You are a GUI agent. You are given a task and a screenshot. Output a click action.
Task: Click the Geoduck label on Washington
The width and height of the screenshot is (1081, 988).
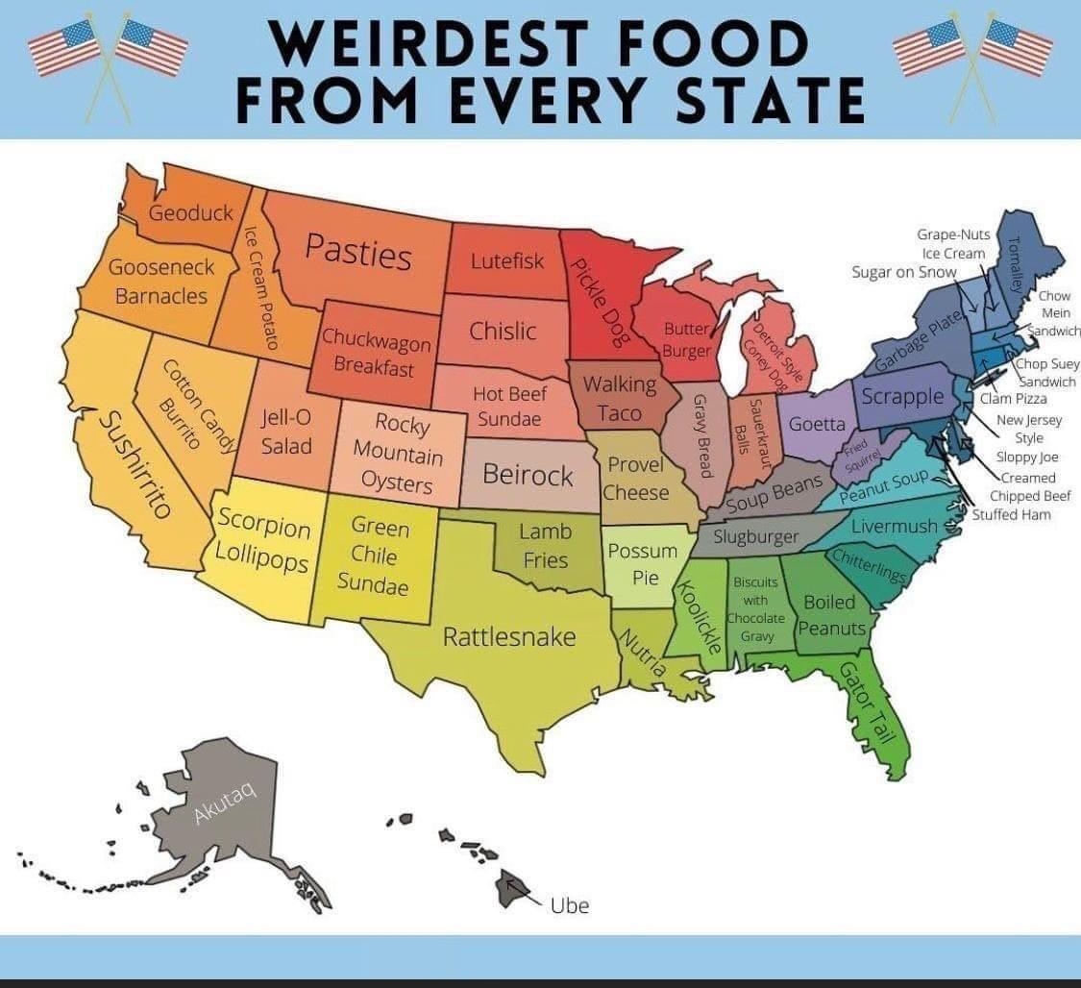click(x=191, y=212)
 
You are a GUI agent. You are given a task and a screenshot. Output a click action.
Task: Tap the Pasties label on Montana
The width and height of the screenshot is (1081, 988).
click(x=358, y=251)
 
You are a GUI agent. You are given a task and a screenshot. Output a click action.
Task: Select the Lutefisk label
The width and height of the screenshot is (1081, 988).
click(x=507, y=260)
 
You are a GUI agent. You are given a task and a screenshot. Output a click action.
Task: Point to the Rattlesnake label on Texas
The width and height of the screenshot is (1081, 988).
click(x=509, y=636)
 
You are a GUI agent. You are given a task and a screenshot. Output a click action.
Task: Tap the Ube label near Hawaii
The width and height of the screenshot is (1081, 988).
click(x=569, y=904)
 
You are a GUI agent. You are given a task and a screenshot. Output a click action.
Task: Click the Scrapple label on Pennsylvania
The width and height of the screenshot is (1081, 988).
click(x=902, y=395)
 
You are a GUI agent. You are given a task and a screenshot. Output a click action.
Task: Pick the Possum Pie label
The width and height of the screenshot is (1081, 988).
click(x=642, y=564)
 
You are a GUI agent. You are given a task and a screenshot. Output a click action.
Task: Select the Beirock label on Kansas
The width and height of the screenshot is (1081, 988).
click(x=528, y=475)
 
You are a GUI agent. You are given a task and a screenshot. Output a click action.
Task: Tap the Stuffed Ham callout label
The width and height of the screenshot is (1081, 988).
click(x=1011, y=514)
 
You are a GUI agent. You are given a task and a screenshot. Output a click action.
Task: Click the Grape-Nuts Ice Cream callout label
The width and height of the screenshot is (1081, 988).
click(x=953, y=244)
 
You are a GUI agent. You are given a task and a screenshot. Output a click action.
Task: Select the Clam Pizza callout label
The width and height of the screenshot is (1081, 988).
click(x=1013, y=399)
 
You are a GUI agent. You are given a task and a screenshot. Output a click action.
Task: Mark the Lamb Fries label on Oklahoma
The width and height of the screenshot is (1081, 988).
click(x=545, y=545)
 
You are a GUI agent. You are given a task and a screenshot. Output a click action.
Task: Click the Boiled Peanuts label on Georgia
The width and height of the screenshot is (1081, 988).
click(x=831, y=615)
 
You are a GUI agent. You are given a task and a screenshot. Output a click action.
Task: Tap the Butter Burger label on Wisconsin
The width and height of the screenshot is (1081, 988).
click(x=686, y=339)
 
